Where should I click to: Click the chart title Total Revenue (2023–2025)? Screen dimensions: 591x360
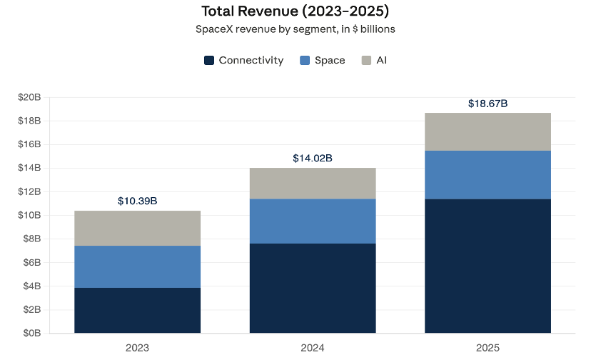pyautogui.click(x=295, y=11)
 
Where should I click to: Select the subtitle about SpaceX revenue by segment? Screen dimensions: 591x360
pyautogui.click(x=295, y=29)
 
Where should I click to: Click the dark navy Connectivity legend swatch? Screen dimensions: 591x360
pyautogui.click(x=209, y=61)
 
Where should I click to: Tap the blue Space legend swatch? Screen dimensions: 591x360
pyautogui.click(x=305, y=61)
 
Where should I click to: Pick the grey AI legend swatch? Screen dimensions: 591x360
pyautogui.click(x=366, y=61)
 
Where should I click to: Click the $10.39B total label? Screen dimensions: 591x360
pyautogui.click(x=137, y=201)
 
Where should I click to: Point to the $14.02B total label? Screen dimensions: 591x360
pyautogui.click(x=313, y=158)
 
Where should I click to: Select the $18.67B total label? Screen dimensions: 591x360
pyautogui.click(x=488, y=104)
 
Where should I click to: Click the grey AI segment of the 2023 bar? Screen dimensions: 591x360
pyautogui.click(x=137, y=229)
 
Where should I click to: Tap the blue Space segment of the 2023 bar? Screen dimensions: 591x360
pyautogui.click(x=137, y=267)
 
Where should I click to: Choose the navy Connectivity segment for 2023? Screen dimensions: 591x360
pyautogui.click(x=137, y=311)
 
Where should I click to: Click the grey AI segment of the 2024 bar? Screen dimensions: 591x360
pyautogui.click(x=313, y=184)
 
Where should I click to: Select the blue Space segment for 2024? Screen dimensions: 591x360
pyautogui.click(x=313, y=221)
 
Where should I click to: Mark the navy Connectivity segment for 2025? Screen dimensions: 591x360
pyautogui.click(x=488, y=266)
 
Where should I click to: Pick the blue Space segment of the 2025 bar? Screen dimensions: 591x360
pyautogui.click(x=488, y=175)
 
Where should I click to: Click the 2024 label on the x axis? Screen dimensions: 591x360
pyautogui.click(x=313, y=348)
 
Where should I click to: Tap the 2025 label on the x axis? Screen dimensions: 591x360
pyautogui.click(x=488, y=348)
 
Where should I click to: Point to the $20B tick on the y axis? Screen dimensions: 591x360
pyautogui.click(x=29, y=97)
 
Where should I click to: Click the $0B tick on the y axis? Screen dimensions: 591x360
pyautogui.click(x=32, y=333)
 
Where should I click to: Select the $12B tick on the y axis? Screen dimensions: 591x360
pyautogui.click(x=29, y=191)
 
